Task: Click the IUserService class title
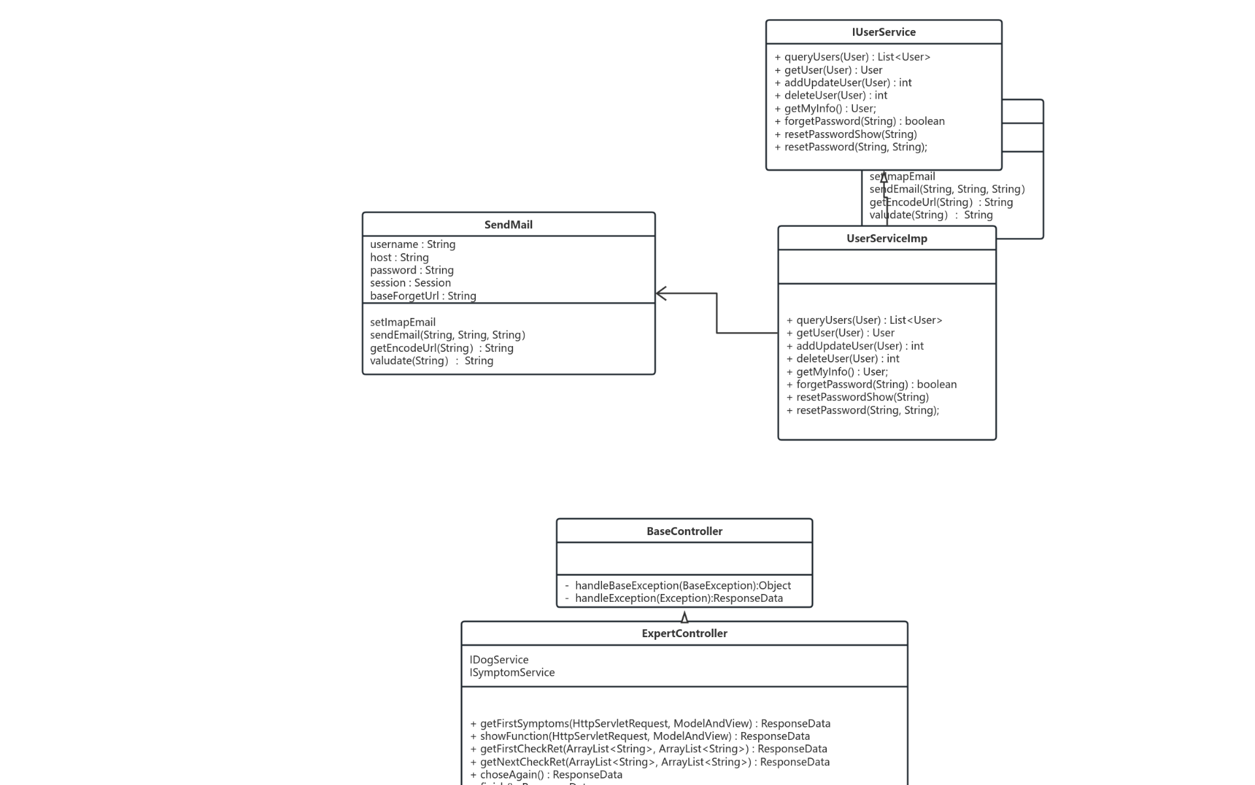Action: click(x=883, y=32)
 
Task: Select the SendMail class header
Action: click(x=508, y=224)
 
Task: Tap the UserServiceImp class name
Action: click(x=886, y=238)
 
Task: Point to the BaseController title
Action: click(x=684, y=531)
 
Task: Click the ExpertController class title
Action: click(x=684, y=633)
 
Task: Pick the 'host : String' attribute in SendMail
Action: click(x=399, y=258)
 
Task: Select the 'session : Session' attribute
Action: click(x=410, y=283)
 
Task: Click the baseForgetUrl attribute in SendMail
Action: click(x=423, y=296)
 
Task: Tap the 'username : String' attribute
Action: click(x=412, y=244)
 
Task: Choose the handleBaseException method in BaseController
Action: click(x=682, y=585)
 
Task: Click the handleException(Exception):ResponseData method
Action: click(x=678, y=598)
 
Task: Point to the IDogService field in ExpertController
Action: click(x=499, y=659)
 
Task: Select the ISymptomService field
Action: click(x=512, y=672)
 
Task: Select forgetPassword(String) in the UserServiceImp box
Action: click(x=876, y=385)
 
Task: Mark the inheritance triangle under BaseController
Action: click(x=684, y=617)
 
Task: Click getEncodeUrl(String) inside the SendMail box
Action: click(x=441, y=348)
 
